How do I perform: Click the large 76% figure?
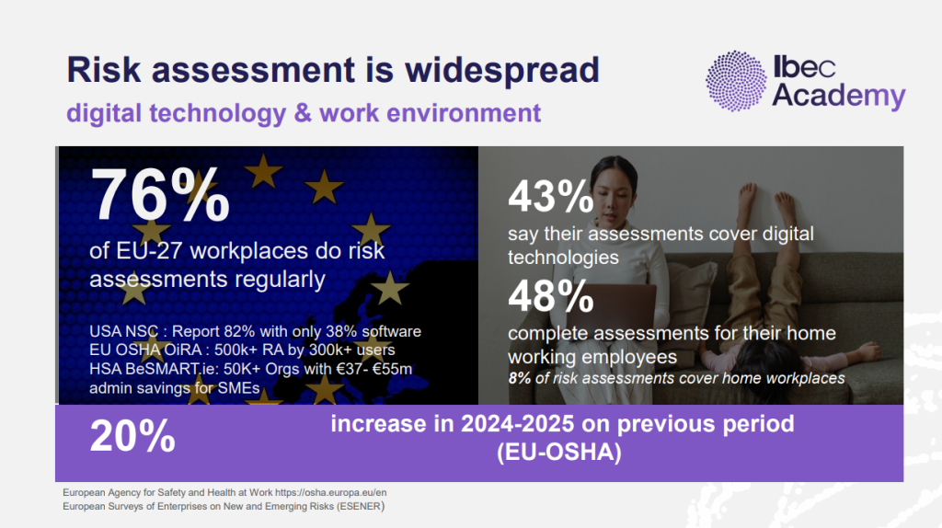(x=160, y=195)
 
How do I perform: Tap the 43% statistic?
(x=550, y=197)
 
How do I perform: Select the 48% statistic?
(x=550, y=296)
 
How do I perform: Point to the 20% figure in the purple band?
(x=132, y=435)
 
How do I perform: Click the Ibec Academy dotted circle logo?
(x=736, y=81)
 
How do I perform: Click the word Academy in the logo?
(x=839, y=96)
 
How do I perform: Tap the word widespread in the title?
(x=501, y=71)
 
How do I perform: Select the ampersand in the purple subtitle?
(x=303, y=113)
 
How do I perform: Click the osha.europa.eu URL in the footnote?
(x=330, y=492)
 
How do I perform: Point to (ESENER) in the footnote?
(x=361, y=506)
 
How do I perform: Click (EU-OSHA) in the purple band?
(x=558, y=453)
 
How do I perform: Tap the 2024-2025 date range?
(x=517, y=423)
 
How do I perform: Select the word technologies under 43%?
(x=564, y=258)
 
